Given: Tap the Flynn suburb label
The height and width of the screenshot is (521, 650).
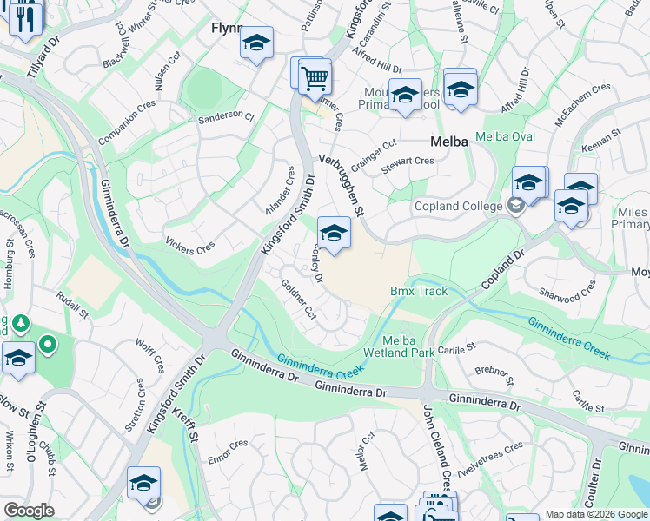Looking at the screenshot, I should (x=224, y=29).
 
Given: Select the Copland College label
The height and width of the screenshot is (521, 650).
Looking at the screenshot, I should (x=460, y=206).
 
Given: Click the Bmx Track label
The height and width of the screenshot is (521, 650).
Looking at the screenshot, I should (x=418, y=291).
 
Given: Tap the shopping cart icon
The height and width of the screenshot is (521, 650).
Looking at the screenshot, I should (x=315, y=78).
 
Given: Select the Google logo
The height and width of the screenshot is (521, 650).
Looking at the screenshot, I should (x=29, y=511).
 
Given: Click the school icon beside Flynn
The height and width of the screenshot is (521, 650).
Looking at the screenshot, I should (x=256, y=43).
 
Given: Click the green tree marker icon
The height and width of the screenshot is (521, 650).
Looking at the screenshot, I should (x=19, y=324).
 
